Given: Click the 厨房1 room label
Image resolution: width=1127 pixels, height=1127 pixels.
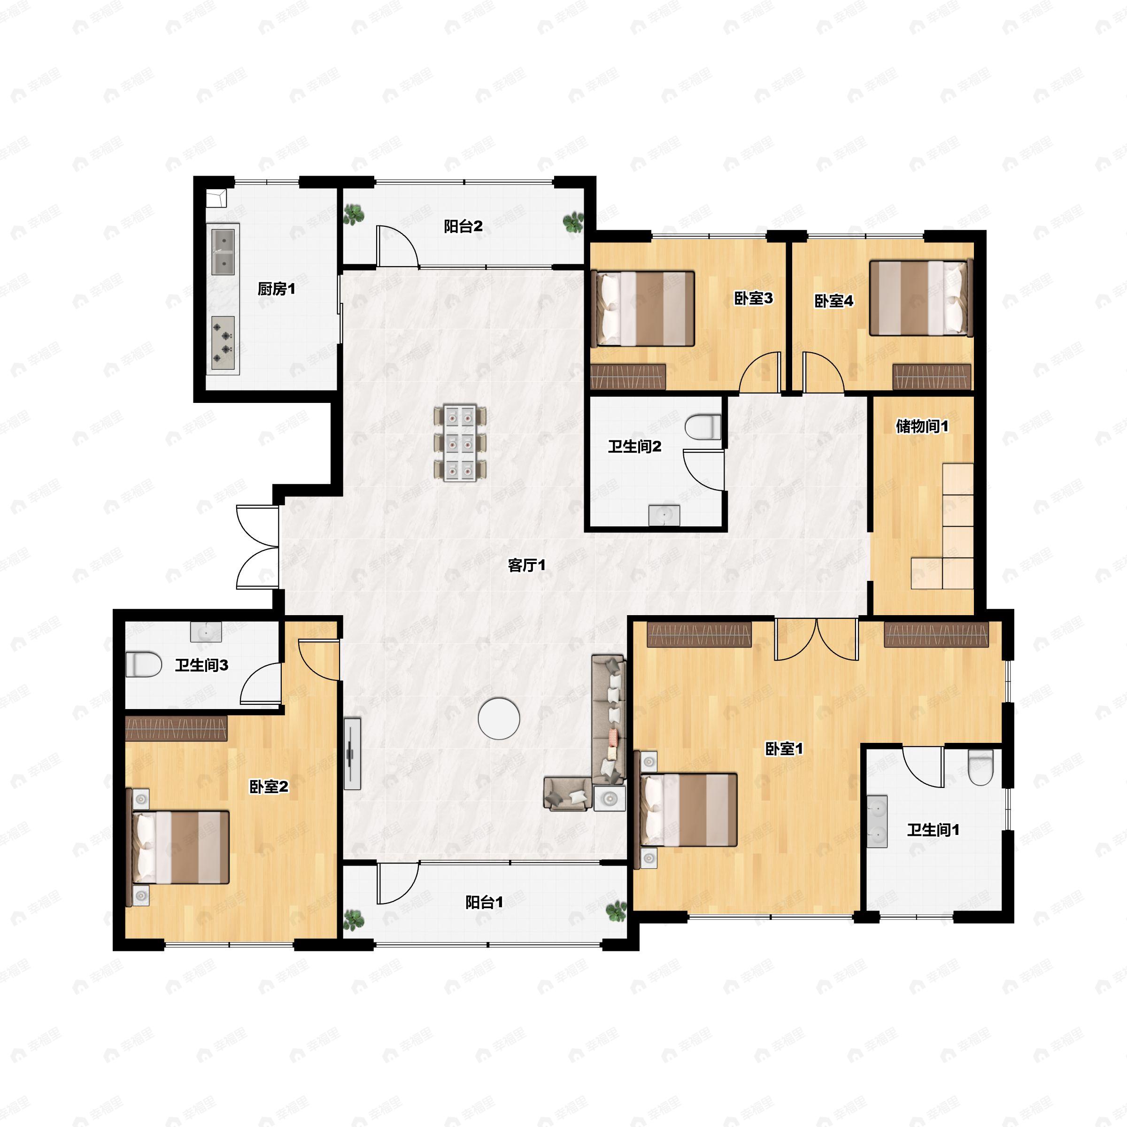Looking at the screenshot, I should coord(277,289).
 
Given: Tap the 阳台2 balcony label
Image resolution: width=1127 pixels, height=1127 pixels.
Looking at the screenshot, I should coord(463,226).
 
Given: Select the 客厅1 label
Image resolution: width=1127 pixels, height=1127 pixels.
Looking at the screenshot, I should coord(526,564).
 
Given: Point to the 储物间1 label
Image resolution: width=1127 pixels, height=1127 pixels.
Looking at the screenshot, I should coord(922,426).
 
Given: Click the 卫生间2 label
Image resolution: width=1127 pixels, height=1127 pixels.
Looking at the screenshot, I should coord(635,447).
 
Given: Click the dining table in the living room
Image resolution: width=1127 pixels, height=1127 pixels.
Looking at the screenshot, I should coord(460,443).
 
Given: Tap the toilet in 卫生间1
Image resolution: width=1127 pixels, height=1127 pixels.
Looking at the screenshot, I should coord(980,768).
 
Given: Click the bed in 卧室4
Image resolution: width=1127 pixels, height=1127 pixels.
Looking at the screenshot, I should coord(920,298).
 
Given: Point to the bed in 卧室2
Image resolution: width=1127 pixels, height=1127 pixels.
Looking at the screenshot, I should coord(178,847).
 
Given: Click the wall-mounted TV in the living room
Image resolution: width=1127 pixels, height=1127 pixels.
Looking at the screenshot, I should coord(352,754).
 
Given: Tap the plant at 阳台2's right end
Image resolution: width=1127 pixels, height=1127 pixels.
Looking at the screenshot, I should coord(573,222).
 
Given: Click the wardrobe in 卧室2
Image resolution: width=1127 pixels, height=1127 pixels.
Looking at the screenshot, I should coord(176,728).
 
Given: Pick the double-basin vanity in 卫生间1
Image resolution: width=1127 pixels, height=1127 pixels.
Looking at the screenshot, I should coord(876,821).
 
